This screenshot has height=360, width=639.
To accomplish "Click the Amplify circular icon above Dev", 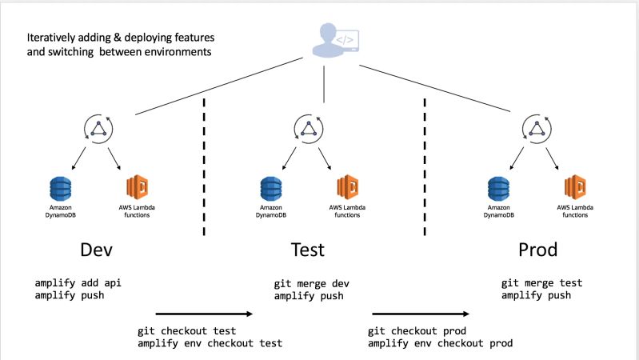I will point(99,130).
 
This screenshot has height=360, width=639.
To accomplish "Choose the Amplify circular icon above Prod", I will point(536,130).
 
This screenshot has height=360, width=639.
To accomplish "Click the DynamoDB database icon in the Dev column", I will point(61,190).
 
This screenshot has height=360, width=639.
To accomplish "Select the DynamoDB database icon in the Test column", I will point(271,190).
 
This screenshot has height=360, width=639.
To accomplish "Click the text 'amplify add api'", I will point(85,283).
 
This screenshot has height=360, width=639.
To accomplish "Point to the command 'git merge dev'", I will point(312,283).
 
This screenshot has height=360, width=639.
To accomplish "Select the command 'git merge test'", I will point(541,283).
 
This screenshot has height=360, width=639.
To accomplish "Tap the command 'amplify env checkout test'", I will point(210,343).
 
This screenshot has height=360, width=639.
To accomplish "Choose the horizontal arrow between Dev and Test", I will point(204,314).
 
